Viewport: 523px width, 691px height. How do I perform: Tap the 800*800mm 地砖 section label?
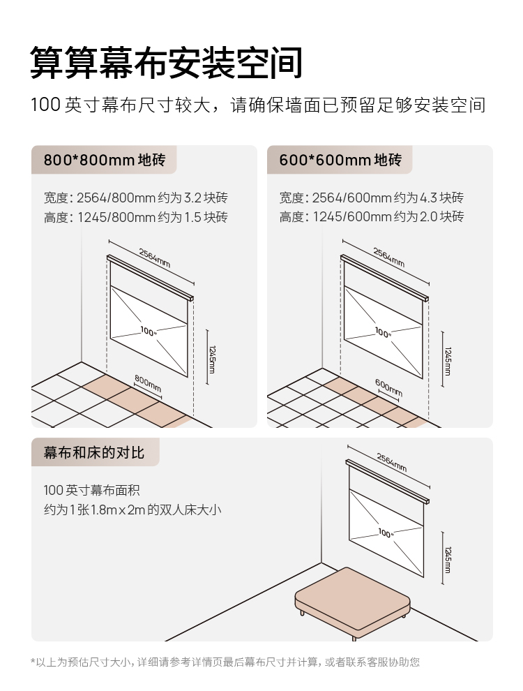(x=104, y=160)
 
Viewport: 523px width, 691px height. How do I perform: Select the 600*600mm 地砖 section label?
(x=340, y=160)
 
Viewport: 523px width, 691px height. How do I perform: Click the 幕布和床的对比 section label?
(x=93, y=452)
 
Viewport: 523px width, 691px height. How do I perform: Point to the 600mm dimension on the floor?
(x=388, y=387)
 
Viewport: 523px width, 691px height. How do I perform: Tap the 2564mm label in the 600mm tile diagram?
(x=388, y=257)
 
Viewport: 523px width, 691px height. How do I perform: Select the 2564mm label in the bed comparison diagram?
(x=391, y=462)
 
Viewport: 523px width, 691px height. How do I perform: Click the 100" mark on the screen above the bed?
(x=386, y=533)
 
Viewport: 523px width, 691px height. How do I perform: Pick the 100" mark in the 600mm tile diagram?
(x=383, y=333)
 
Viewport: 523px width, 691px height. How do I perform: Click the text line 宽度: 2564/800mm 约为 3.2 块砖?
(x=136, y=198)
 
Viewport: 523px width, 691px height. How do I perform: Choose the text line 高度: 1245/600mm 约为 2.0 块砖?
(x=371, y=216)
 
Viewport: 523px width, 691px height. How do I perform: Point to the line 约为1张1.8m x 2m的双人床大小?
(x=132, y=510)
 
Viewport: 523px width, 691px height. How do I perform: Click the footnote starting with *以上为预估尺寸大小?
(x=225, y=662)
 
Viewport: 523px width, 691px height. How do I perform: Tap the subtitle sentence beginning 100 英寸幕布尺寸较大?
(x=258, y=105)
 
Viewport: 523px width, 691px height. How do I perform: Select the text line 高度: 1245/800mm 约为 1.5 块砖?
(x=136, y=216)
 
